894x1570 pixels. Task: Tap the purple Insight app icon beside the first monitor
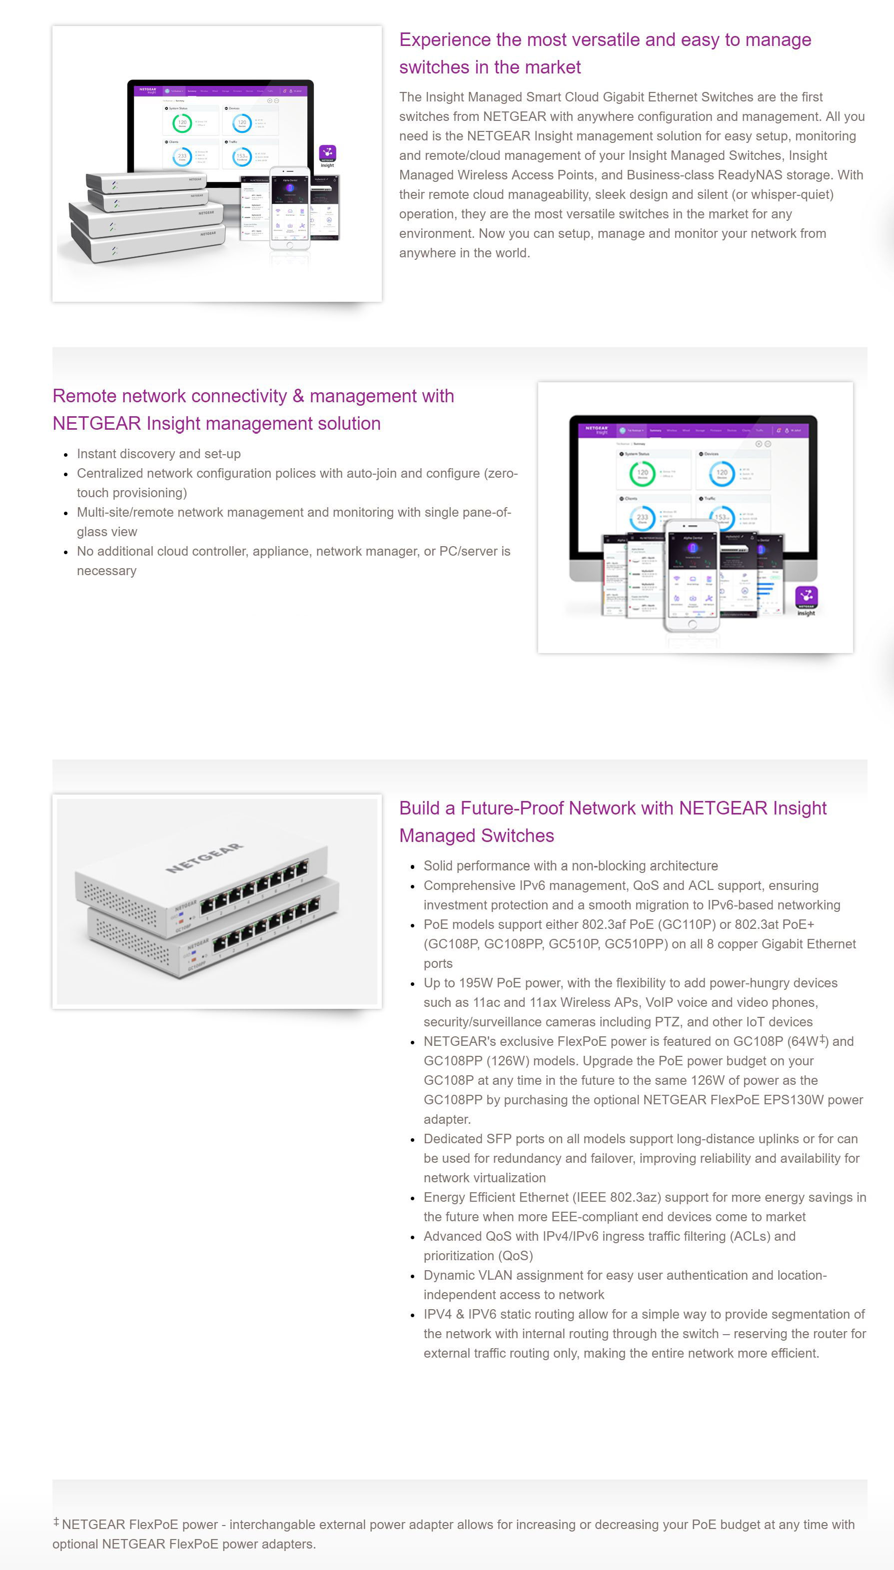[x=327, y=154]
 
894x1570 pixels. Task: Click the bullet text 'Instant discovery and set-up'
[x=158, y=454]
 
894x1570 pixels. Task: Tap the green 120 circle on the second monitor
[x=642, y=473]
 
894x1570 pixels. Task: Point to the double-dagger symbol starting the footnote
[x=56, y=1522]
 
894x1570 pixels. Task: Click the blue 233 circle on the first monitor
[x=182, y=156]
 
